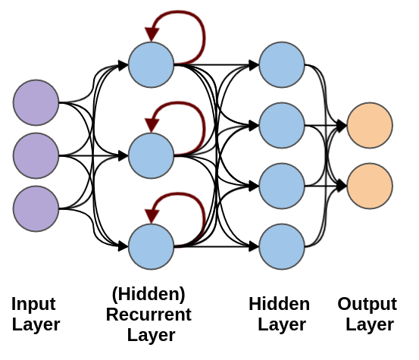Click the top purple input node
pyautogui.click(x=36, y=102)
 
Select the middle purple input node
pyautogui.click(x=36, y=155)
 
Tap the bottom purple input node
pyautogui.click(x=36, y=208)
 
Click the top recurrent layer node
pyautogui.click(x=152, y=64)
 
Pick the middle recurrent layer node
pyautogui.click(x=152, y=155)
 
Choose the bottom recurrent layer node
pyautogui.click(x=152, y=246)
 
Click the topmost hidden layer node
pyautogui.click(x=282, y=64)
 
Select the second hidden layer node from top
pyautogui.click(x=282, y=125)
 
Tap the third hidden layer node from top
pyautogui.click(x=282, y=186)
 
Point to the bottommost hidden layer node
pyautogui.click(x=282, y=246)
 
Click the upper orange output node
pyautogui.click(x=370, y=125)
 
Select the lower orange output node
pyautogui.click(x=370, y=186)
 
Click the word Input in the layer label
pyautogui.click(x=33, y=304)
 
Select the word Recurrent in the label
pyautogui.click(x=149, y=314)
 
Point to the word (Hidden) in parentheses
pyautogui.click(x=149, y=294)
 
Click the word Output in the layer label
pyautogui.click(x=367, y=304)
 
